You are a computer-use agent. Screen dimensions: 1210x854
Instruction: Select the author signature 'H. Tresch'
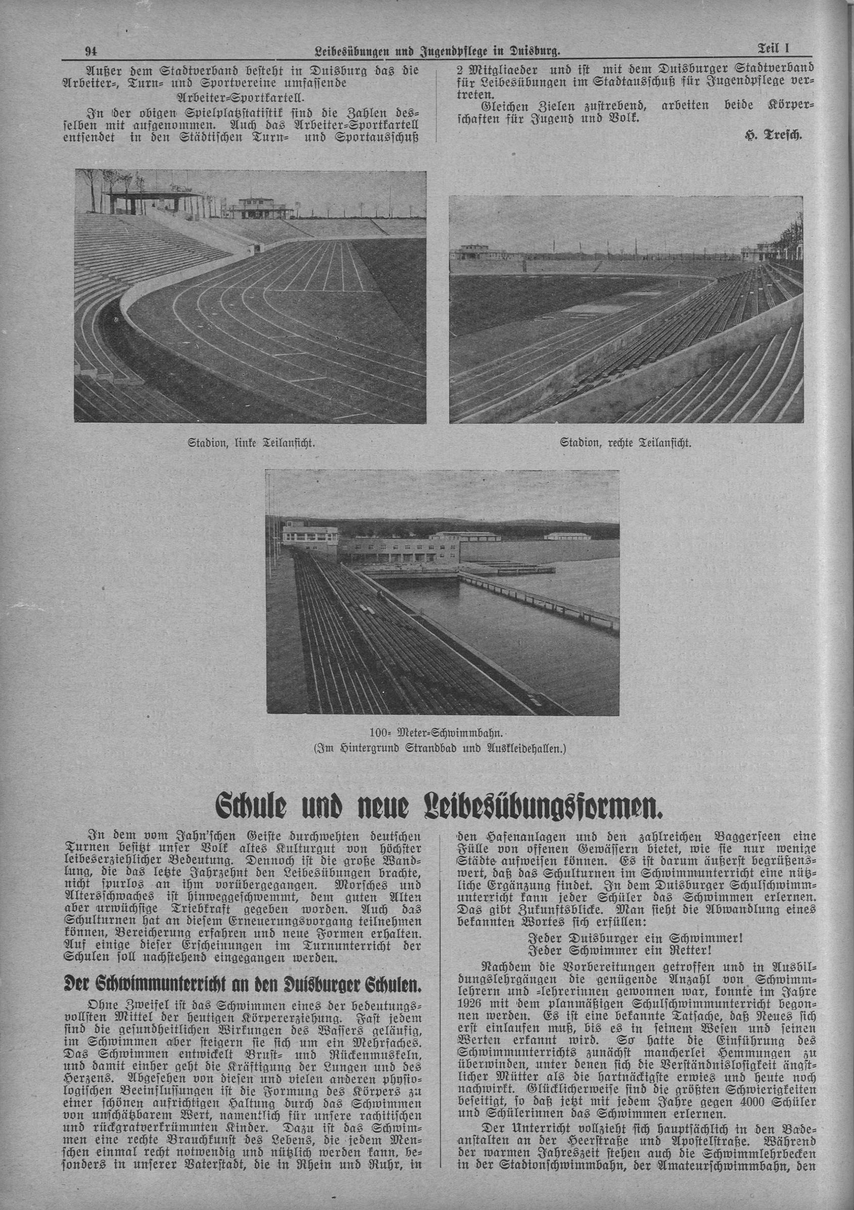click(773, 135)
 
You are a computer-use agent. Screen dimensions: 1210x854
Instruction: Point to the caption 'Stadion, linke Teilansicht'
click(251, 443)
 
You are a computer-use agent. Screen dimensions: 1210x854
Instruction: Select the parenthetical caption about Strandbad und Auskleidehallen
click(443, 748)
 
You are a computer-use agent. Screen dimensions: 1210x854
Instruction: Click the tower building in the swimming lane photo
click(310, 536)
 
